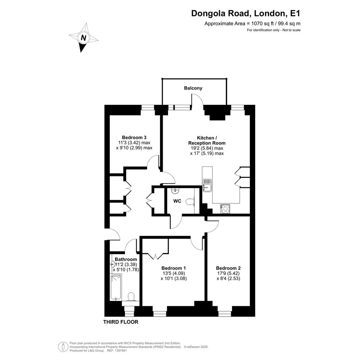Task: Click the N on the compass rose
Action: (83, 38)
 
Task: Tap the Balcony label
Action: (193, 88)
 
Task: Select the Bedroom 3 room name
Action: (134, 137)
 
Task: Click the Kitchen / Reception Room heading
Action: (207, 140)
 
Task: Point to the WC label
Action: (177, 201)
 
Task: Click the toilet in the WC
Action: (190, 202)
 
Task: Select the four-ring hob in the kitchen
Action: (225, 209)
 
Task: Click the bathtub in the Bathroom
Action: (116, 287)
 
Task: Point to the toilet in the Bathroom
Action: (131, 297)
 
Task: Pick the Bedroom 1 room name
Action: (174, 268)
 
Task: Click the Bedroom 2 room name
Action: (228, 268)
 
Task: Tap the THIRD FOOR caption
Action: (121, 322)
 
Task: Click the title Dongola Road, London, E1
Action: (246, 13)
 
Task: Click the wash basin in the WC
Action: (175, 190)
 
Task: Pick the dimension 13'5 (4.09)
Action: (174, 273)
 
